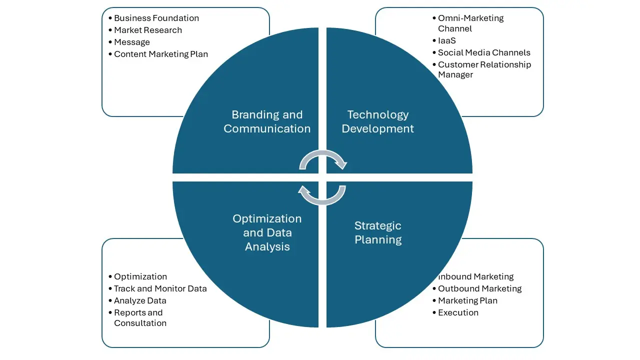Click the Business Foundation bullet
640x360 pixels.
pyautogui.click(x=156, y=18)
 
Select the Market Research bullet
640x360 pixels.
pyautogui.click(x=147, y=30)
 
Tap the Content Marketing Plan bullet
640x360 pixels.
pyautogui.click(x=160, y=54)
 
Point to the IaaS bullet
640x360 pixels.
pyautogui.click(x=446, y=41)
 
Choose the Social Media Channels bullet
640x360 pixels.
pyautogui.click(x=483, y=53)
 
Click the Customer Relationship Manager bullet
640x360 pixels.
pyautogui.click(x=484, y=69)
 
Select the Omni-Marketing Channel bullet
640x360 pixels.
pyautogui.click(x=470, y=23)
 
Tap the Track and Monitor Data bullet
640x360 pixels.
pyautogui.click(x=160, y=289)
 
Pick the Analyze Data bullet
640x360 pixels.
pyautogui.click(x=140, y=301)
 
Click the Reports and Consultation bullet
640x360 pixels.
pyautogui.click(x=139, y=318)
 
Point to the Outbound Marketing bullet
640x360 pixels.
pyautogui.click(x=479, y=289)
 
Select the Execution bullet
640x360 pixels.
pyautogui.click(x=458, y=313)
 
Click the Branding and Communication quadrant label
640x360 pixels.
pyautogui.click(x=267, y=122)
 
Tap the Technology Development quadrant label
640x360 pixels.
pyautogui.click(x=378, y=122)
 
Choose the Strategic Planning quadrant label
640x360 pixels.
pyautogui.click(x=378, y=233)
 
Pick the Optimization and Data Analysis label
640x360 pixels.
pyautogui.click(x=267, y=233)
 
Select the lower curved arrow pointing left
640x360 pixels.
pyautogui.click(x=322, y=195)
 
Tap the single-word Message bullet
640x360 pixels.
pyautogui.click(x=131, y=42)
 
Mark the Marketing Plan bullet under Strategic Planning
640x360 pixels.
pyautogui.click(x=467, y=301)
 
